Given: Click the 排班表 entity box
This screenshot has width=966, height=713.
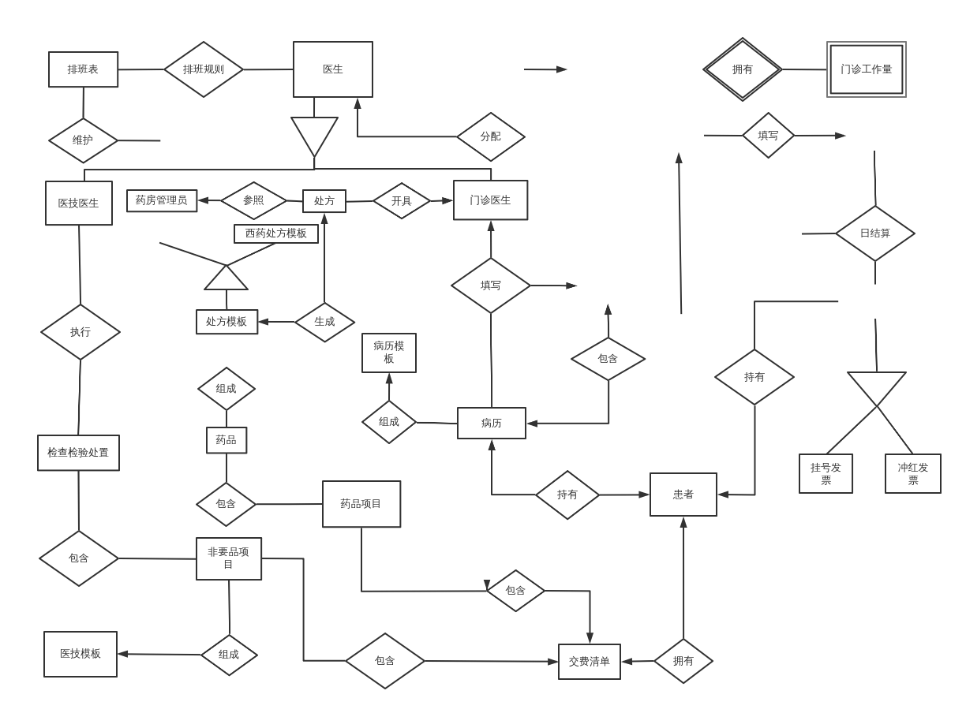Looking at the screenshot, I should (x=83, y=69).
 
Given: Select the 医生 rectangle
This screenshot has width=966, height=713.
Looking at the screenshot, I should (x=332, y=69).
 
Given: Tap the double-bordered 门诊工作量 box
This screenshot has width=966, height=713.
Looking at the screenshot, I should (x=866, y=69).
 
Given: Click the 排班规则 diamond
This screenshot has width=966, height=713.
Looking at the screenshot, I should (x=203, y=69).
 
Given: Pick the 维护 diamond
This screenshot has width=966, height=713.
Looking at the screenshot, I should (x=83, y=140).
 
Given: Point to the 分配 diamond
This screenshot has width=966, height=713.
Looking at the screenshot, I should (x=490, y=136).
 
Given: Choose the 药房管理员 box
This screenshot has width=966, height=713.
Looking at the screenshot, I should (x=162, y=200).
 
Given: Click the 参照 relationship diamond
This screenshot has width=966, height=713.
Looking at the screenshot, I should (x=253, y=200).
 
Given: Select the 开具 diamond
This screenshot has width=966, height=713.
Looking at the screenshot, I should (x=401, y=201).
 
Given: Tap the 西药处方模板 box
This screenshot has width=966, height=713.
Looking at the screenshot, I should (x=275, y=233).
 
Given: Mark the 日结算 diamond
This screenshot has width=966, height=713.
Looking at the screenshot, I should (x=874, y=233).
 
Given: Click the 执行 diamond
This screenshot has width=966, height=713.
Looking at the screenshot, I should (x=80, y=332).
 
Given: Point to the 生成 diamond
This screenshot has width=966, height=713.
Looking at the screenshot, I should (x=324, y=322).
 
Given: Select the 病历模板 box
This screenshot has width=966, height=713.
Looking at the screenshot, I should (x=388, y=353).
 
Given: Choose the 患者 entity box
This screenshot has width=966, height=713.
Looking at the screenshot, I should (x=683, y=495).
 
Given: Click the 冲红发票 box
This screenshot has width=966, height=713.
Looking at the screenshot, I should (x=912, y=473).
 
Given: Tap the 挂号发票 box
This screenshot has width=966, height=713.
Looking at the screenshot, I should (x=826, y=473).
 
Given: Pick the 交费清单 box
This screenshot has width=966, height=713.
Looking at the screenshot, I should (x=589, y=662).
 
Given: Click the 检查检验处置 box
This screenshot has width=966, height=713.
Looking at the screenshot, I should (x=78, y=453).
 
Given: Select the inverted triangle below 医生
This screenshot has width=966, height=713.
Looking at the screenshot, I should (x=314, y=133).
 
